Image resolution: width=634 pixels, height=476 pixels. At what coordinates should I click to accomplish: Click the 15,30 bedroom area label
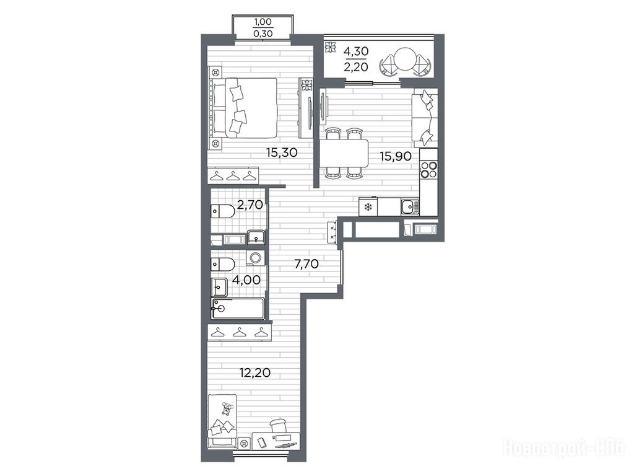(x=282, y=152)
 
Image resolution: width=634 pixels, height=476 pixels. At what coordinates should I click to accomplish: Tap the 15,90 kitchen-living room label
(x=396, y=156)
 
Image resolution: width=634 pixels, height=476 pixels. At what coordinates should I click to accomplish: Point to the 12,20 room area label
(x=254, y=372)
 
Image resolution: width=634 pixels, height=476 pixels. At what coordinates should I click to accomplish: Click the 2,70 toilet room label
(x=250, y=205)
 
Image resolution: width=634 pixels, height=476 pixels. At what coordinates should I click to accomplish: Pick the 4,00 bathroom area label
(x=246, y=280)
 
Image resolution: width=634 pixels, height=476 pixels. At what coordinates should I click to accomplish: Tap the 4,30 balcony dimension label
(x=356, y=51)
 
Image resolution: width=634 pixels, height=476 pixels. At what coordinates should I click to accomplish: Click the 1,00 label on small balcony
(x=263, y=22)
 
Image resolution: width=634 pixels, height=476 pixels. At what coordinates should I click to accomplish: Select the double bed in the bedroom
(x=244, y=108)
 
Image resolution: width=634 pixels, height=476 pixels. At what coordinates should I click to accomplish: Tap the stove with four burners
(x=428, y=170)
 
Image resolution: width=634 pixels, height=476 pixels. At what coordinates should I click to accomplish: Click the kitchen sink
(x=410, y=207)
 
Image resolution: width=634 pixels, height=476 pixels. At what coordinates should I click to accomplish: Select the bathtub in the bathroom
(x=238, y=309)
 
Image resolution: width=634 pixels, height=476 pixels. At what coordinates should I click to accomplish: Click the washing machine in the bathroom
(x=254, y=258)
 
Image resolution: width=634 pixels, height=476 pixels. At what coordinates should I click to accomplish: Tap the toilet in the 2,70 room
(x=223, y=211)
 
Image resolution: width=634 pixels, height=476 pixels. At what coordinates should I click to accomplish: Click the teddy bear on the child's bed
(x=227, y=409)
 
